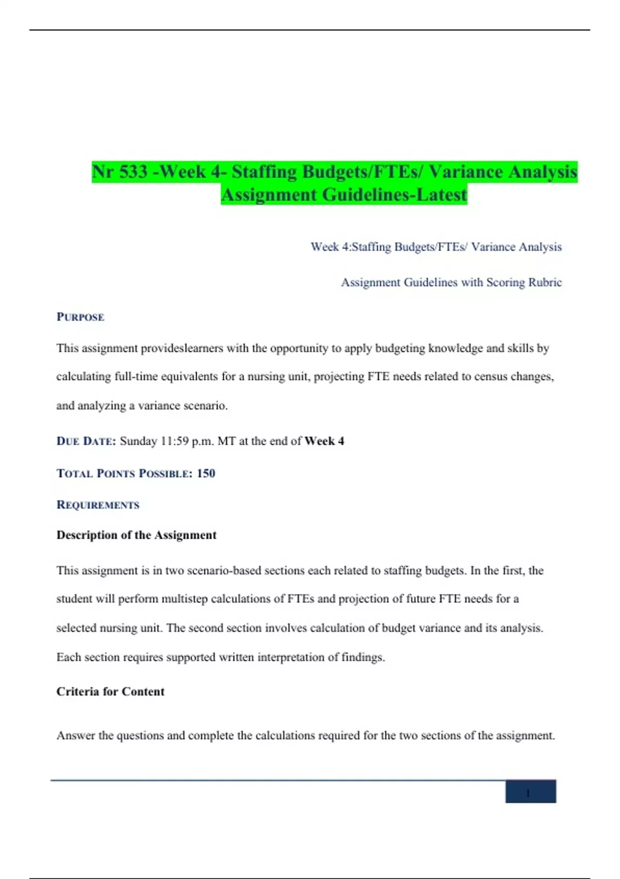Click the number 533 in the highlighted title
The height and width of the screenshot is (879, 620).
[134, 172]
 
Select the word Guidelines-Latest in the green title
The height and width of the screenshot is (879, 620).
[395, 195]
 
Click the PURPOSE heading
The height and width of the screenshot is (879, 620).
[80, 317]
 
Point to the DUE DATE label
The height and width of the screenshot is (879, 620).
[86, 441]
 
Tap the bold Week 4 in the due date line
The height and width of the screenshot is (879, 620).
[324, 441]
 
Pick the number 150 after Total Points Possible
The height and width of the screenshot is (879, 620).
[206, 473]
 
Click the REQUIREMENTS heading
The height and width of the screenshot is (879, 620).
[98, 505]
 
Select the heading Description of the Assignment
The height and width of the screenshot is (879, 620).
[136, 535]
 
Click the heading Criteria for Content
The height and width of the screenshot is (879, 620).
[110, 692]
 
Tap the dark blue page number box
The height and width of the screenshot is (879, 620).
[530, 792]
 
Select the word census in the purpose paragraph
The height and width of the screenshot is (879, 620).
[490, 376]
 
